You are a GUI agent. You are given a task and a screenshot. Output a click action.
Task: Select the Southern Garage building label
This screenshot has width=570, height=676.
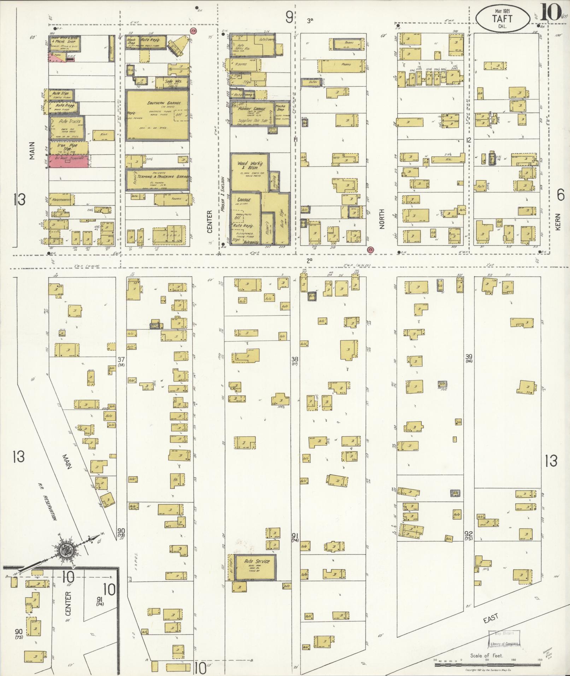tap(159, 103)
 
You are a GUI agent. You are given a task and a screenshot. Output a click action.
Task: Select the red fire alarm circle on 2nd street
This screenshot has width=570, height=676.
tap(370, 249)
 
